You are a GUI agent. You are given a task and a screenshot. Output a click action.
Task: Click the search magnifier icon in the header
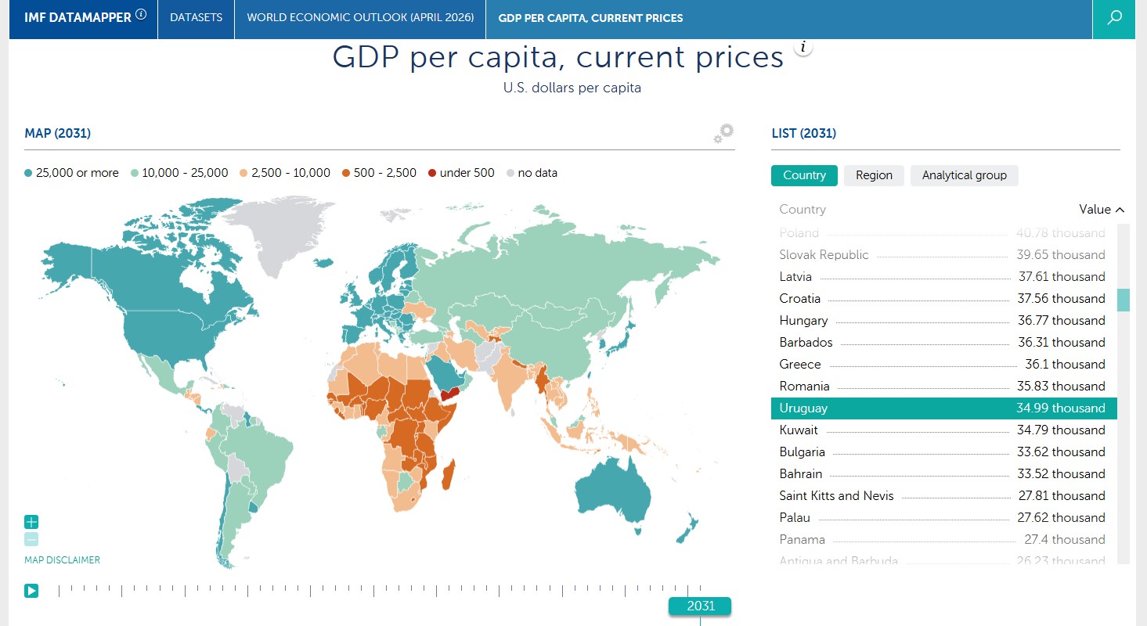pyautogui.click(x=1113, y=18)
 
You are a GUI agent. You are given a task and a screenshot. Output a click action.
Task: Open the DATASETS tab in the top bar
pyautogui.click(x=196, y=17)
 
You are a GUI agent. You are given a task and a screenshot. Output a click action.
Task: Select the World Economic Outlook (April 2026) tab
pyautogui.click(x=360, y=17)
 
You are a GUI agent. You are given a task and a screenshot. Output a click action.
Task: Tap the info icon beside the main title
pyautogui.click(x=803, y=47)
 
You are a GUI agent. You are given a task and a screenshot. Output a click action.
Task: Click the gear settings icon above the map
pyautogui.click(x=724, y=133)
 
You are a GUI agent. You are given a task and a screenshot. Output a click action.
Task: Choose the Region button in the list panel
pyautogui.click(x=874, y=175)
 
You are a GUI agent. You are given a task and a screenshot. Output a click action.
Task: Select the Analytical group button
pyautogui.click(x=964, y=175)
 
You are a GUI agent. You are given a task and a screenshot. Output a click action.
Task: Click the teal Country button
pyautogui.click(x=804, y=175)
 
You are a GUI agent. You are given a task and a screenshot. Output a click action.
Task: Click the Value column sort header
pyautogui.click(x=1101, y=210)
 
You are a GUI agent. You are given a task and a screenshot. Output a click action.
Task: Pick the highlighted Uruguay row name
pyautogui.click(x=803, y=408)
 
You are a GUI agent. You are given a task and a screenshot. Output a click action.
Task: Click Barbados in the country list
pyautogui.click(x=806, y=343)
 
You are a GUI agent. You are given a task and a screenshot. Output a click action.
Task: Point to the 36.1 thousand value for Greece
pyautogui.click(x=1065, y=365)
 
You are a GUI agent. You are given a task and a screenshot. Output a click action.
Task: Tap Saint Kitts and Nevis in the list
pyautogui.click(x=836, y=496)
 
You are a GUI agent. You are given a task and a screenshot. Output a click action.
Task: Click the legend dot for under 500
pyautogui.click(x=432, y=173)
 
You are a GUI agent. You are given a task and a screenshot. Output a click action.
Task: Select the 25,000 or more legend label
pyautogui.click(x=77, y=173)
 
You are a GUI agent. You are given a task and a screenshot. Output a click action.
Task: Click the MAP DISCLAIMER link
pyautogui.click(x=62, y=560)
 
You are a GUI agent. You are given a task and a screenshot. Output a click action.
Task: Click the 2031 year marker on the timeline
pyautogui.click(x=700, y=606)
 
